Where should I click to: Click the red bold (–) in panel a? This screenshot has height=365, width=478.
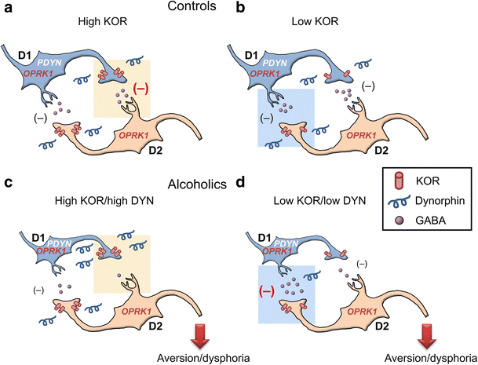click(144, 88)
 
